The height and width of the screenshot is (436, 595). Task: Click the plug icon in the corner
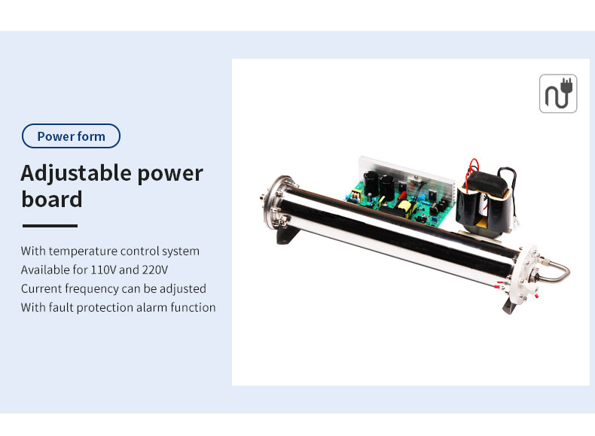tap(558, 93)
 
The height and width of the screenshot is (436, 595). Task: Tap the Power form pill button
tap(71, 136)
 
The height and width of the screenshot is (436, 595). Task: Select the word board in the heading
tap(52, 199)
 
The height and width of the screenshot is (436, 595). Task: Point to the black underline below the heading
tap(50, 225)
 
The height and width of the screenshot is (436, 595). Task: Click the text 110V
tap(103, 270)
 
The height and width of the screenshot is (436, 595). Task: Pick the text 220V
tap(155, 270)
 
